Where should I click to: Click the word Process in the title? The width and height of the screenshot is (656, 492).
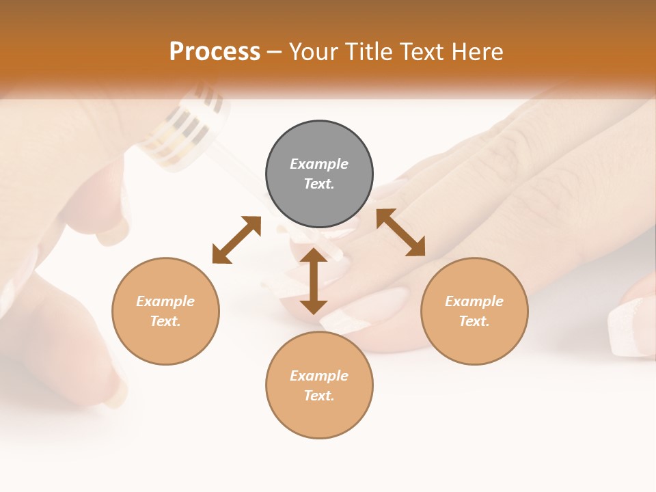[x=215, y=52]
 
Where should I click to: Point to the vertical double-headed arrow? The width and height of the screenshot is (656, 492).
[x=314, y=281]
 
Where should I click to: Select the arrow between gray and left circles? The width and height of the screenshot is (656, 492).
[x=236, y=239]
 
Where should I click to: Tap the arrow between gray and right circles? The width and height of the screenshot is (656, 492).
[x=400, y=232]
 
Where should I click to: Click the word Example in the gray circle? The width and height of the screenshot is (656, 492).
[x=319, y=164]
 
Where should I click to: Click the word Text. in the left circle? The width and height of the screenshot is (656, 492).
[x=165, y=321]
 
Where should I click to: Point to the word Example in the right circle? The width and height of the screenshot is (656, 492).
[x=474, y=301]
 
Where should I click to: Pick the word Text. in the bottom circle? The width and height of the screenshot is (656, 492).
[x=319, y=396]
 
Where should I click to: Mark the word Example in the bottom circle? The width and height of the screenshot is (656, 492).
[x=319, y=376]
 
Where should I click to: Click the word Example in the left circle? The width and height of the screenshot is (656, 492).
[x=165, y=301]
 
